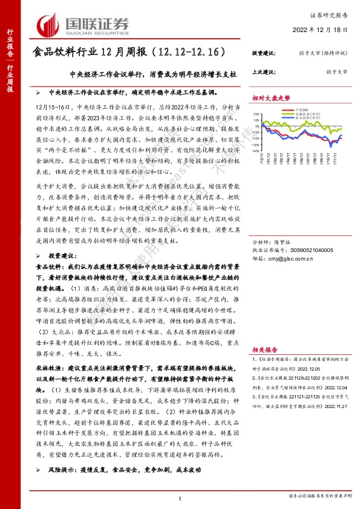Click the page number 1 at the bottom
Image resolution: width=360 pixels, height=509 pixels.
click(x=180, y=498)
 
